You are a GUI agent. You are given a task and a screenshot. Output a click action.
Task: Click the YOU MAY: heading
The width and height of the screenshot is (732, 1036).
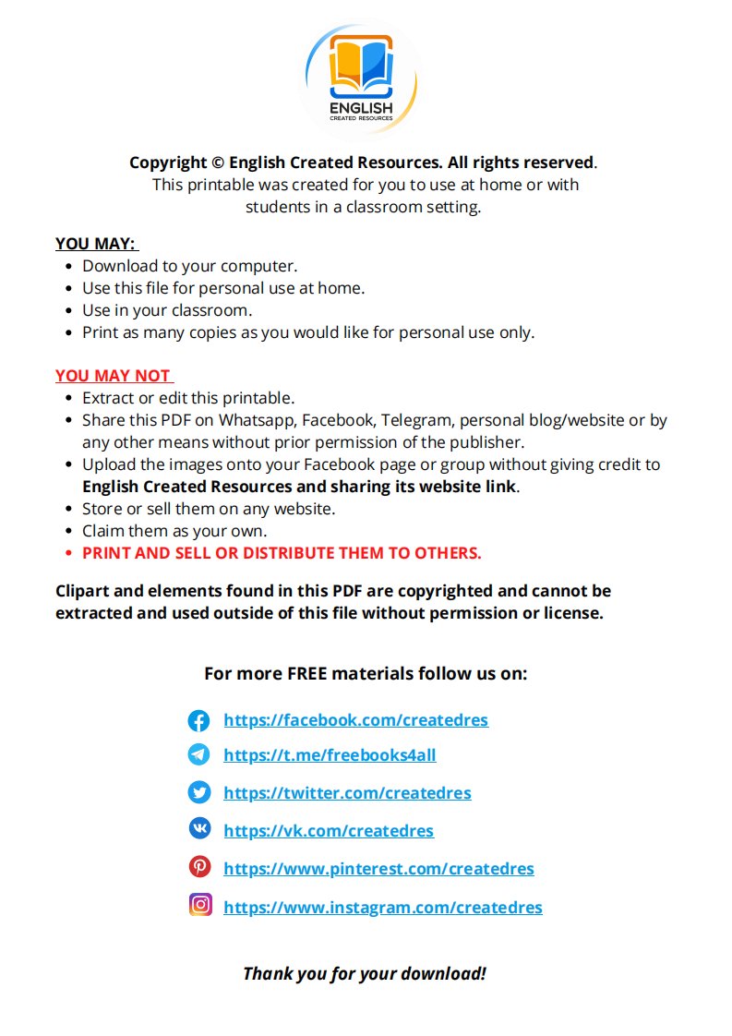pos(95,244)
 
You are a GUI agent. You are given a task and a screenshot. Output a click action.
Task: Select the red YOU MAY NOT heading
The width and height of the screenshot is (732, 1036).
pos(114,376)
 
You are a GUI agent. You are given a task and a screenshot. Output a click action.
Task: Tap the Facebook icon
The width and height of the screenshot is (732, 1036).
pos(198,720)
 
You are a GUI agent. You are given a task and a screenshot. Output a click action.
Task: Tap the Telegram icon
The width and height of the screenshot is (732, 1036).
pos(198,755)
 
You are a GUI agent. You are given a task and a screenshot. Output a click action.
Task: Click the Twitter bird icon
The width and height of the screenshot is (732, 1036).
pos(198,792)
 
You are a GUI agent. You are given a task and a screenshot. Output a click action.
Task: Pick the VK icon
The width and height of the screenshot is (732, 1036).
pos(198,828)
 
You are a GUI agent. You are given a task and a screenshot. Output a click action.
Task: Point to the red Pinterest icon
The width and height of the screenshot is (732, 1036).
pos(198,867)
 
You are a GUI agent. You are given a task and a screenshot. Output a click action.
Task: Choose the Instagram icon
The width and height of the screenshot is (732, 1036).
pos(199,905)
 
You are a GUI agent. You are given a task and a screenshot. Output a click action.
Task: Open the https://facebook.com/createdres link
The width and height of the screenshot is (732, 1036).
pos(355,720)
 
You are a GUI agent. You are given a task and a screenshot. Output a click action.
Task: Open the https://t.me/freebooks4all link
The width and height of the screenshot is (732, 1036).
pos(330,755)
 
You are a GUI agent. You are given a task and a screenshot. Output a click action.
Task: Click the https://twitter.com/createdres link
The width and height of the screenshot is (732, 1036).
pos(347,793)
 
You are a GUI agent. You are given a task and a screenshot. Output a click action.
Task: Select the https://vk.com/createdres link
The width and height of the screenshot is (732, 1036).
pos(328,831)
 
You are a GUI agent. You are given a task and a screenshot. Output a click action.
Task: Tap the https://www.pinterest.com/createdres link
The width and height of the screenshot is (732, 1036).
pos(378,869)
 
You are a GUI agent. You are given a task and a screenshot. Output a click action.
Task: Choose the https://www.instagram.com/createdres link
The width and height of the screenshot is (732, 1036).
pos(382,908)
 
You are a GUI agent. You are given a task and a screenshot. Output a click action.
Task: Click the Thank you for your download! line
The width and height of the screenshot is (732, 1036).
pos(365,973)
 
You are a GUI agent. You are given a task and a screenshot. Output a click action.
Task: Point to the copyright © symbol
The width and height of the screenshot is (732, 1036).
pos(218,163)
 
